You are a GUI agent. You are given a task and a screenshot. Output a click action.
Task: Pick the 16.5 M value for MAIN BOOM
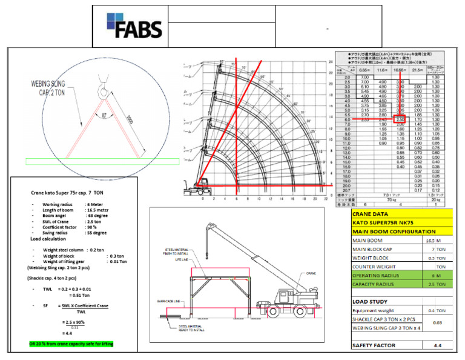(x=432, y=240)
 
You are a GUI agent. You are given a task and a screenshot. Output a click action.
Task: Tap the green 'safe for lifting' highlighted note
(x=71, y=344)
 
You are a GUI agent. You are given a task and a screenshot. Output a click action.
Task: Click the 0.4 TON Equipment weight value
(x=432, y=310)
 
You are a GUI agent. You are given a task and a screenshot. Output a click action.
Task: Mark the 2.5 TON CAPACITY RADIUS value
(x=432, y=284)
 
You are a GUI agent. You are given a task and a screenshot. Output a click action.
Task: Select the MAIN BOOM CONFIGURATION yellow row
(x=394, y=231)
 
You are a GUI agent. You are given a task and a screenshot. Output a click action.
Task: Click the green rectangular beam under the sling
(x=103, y=161)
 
